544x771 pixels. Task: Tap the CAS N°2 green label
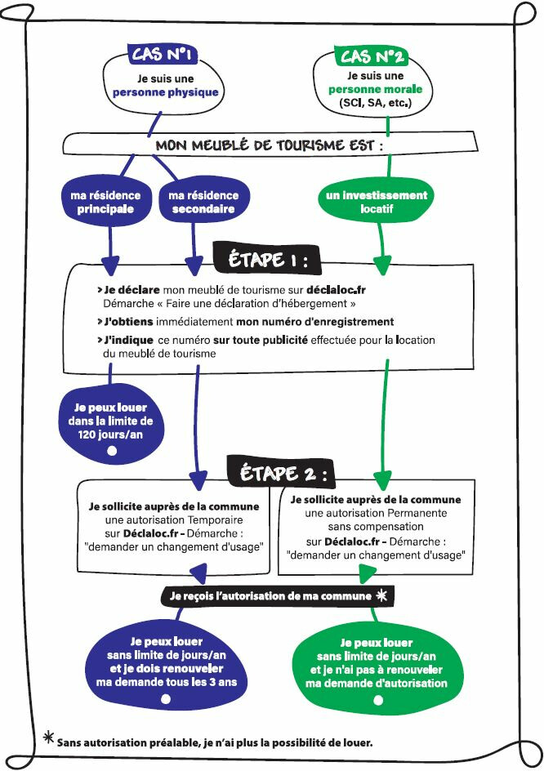coord(372,56)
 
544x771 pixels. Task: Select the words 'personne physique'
coord(166,92)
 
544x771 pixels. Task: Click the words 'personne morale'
coord(375,89)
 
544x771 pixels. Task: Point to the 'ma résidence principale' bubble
coord(100,202)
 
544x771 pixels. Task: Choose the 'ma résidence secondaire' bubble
coord(203,202)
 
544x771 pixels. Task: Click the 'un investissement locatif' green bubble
coord(377,202)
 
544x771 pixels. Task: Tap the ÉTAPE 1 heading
coord(266,260)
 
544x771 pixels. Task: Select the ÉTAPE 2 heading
coord(283,474)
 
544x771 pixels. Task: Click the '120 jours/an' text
coord(111,435)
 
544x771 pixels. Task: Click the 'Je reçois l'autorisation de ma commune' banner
coord(270,596)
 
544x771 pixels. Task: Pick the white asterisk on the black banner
coord(381,596)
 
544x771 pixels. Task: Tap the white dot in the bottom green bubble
coord(377,701)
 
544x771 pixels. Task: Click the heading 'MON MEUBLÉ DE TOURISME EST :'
coord(269,146)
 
